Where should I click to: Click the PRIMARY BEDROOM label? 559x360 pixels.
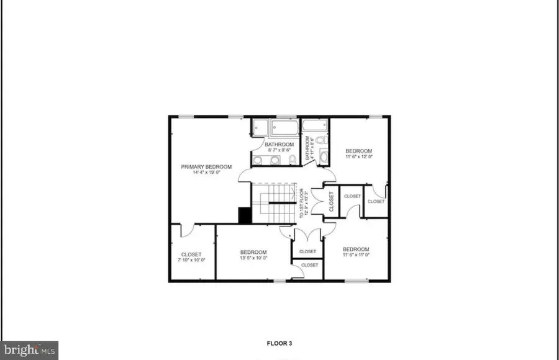(206, 166)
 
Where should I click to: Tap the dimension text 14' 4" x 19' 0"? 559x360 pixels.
(206, 173)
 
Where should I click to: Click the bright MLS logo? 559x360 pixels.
(29, 350)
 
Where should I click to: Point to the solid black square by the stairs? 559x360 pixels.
(245, 214)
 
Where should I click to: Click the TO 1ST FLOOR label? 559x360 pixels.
(302, 202)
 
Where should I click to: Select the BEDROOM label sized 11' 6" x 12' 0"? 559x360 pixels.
(358, 151)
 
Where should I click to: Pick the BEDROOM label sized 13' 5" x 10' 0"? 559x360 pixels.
(253, 252)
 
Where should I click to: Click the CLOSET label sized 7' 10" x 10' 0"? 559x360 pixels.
(191, 254)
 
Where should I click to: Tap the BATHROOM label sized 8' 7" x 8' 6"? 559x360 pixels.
(279, 145)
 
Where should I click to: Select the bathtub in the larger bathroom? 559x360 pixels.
(284, 128)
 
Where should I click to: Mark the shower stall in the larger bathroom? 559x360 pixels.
(260, 128)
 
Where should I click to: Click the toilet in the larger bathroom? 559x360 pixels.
(293, 161)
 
